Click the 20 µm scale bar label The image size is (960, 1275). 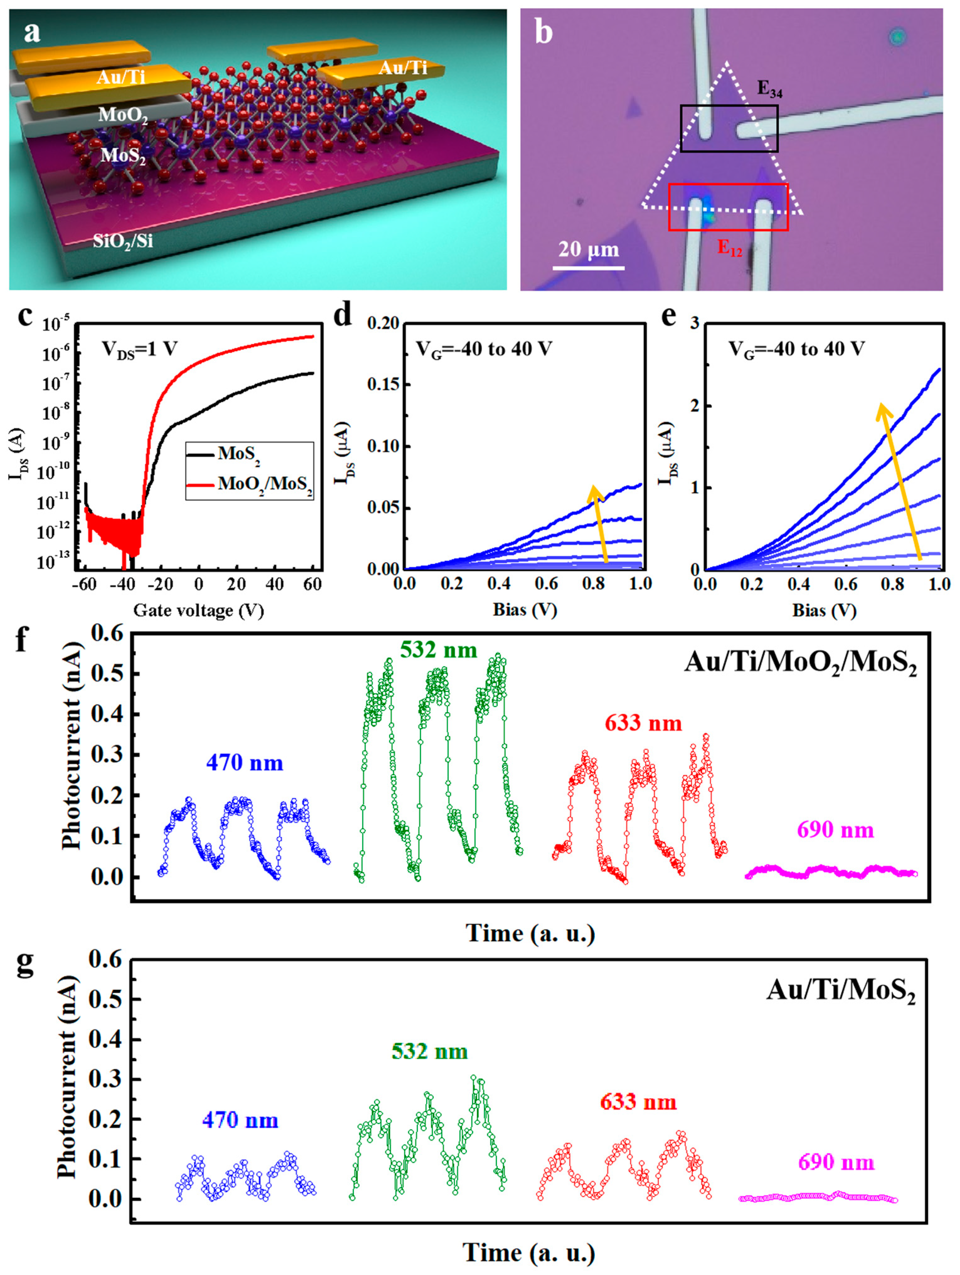(588, 250)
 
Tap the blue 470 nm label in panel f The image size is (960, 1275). (245, 763)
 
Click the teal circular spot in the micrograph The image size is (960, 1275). (897, 37)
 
